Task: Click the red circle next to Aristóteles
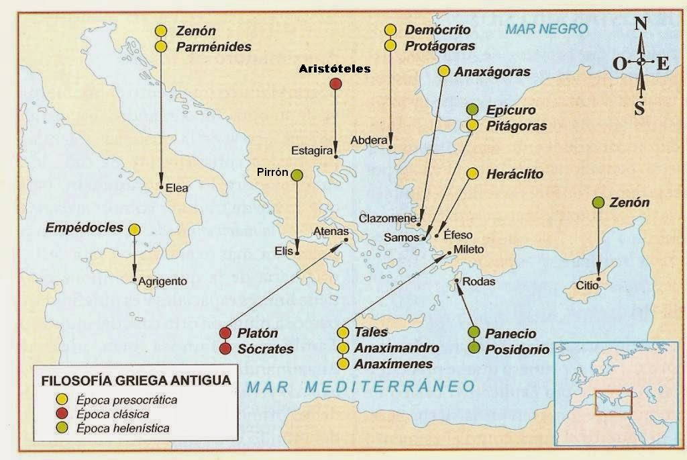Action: tap(336, 83)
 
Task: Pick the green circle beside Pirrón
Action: tap(297, 175)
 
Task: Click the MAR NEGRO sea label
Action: tap(546, 29)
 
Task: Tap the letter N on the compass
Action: tap(641, 24)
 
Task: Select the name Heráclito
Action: tap(515, 174)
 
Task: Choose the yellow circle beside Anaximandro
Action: tap(343, 348)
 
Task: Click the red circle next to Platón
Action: tap(225, 333)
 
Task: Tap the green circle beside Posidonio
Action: tap(474, 348)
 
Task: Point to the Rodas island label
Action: tap(479, 281)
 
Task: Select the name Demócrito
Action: tap(437, 30)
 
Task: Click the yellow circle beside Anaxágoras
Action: tap(443, 71)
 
